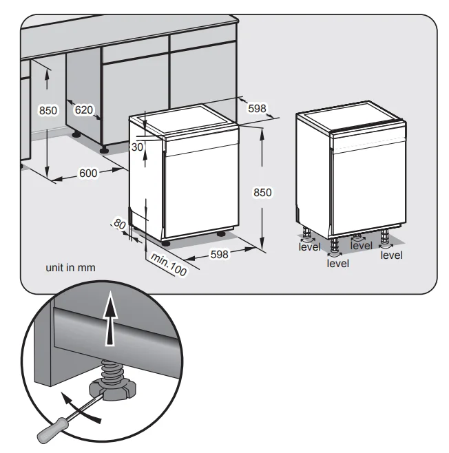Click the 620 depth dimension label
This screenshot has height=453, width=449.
point(84,109)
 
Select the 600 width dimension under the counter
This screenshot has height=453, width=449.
point(87,173)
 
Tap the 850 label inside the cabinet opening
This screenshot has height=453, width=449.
point(48,110)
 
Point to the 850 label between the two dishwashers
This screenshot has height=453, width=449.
point(262,193)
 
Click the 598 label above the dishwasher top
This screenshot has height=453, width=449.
point(256,108)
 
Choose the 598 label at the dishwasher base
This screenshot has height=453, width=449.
point(219,255)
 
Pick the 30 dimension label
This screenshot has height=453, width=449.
point(138,147)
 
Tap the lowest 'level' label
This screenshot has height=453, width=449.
point(338,263)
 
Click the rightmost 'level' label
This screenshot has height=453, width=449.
point(391,255)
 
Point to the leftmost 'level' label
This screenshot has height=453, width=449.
point(310,246)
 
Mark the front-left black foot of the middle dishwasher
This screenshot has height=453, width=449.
point(166,243)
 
